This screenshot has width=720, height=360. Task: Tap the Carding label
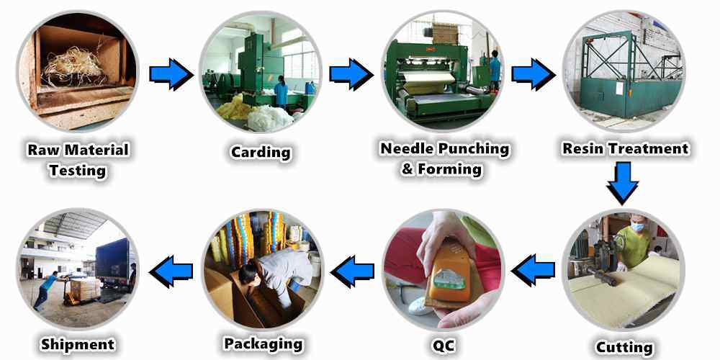point(261,152)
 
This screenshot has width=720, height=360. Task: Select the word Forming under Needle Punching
point(449,169)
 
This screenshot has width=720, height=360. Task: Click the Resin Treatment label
point(626,149)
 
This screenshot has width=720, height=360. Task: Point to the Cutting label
point(624,347)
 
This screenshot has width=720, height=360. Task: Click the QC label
point(443,345)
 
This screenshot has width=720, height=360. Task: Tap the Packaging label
point(263,344)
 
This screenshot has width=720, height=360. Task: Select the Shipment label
point(78,344)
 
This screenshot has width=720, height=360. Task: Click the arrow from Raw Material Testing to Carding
point(171,74)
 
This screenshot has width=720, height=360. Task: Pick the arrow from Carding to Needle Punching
point(351,74)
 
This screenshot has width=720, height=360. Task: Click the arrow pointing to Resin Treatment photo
point(533,74)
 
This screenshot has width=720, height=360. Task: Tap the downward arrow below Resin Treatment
point(623,183)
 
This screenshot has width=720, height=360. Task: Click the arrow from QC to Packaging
point(352,271)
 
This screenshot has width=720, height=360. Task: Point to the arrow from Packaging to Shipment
point(171,271)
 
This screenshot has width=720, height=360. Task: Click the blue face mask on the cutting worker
point(636,228)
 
